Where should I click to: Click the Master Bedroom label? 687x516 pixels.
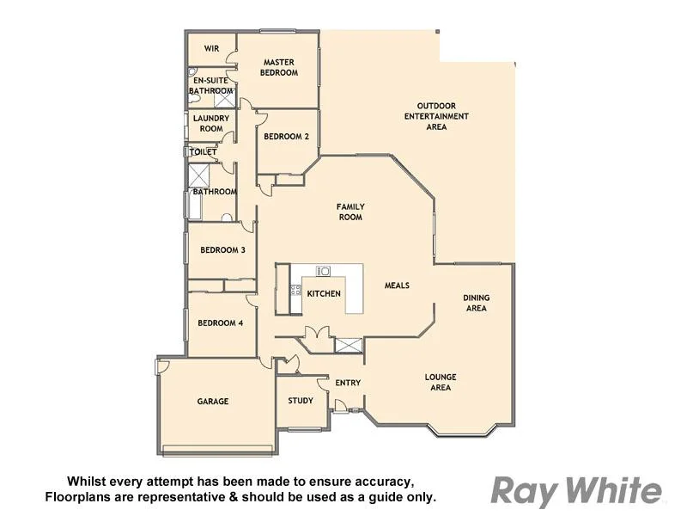[280, 67]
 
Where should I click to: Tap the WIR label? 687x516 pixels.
[211, 49]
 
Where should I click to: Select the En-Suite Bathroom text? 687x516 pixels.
[210, 85]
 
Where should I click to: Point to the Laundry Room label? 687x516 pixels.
[210, 123]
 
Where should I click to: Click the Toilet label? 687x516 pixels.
[204, 152]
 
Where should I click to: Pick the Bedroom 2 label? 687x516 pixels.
[286, 136]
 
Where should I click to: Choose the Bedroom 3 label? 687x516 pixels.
[222, 250]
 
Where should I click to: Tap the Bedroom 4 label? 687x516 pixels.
[221, 323]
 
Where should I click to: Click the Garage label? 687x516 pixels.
[213, 401]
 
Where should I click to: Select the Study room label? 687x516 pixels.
[301, 401]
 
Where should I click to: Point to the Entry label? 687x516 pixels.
[348, 383]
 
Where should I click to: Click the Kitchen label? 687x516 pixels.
[324, 293]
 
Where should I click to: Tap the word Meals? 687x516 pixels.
[397, 286]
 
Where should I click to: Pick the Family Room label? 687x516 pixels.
[350, 212]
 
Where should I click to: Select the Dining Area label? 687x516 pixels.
[476, 303]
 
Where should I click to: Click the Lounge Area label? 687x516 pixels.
[440, 382]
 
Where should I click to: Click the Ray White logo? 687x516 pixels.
[576, 491]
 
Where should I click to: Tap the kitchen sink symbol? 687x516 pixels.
[324, 271]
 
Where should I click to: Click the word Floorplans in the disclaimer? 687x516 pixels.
[80, 497]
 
